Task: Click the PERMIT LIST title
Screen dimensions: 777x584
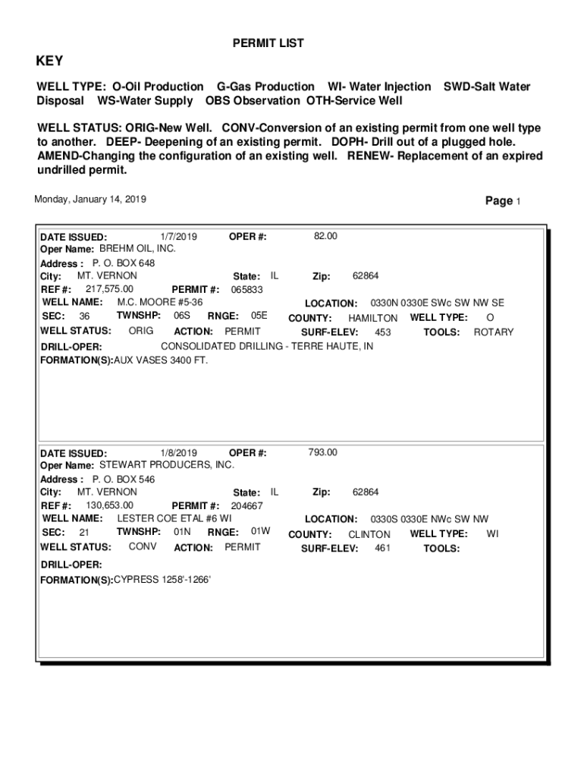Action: [x=268, y=44]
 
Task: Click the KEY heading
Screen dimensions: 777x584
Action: [x=50, y=61]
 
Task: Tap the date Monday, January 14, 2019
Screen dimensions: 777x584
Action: [x=90, y=200]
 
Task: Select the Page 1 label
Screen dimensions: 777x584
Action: [x=503, y=201]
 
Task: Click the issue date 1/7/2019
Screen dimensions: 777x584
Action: [x=179, y=237]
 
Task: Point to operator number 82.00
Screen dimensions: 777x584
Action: [x=325, y=237]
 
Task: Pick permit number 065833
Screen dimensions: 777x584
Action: [x=247, y=290]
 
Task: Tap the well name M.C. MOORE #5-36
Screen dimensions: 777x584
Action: [x=159, y=303]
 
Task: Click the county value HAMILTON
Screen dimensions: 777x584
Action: [x=372, y=319]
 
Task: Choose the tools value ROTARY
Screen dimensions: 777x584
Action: [x=494, y=332]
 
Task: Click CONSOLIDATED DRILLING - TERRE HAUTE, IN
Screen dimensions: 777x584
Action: [x=267, y=347]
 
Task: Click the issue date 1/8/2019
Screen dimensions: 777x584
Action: [x=179, y=453]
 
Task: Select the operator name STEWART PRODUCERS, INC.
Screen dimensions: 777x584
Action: [x=167, y=465]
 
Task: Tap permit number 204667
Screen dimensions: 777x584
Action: [x=247, y=506]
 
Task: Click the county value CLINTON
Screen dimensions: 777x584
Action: [x=369, y=535]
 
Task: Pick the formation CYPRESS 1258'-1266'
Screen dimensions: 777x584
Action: [x=162, y=580]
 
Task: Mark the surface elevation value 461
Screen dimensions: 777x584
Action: [x=383, y=548]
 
